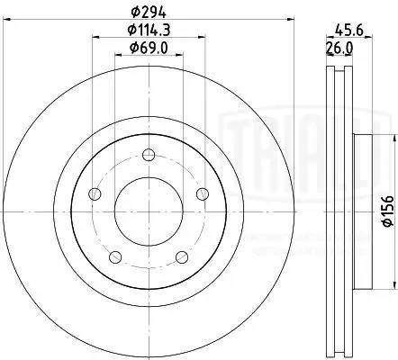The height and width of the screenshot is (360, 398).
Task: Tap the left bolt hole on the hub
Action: coord(95,195)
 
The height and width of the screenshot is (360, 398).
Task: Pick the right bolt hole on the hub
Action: coord(204,195)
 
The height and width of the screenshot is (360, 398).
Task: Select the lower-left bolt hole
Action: coord(115,258)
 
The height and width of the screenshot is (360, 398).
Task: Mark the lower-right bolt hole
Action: coord(183,258)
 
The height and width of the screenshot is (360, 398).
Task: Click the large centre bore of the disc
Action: coord(149,213)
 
